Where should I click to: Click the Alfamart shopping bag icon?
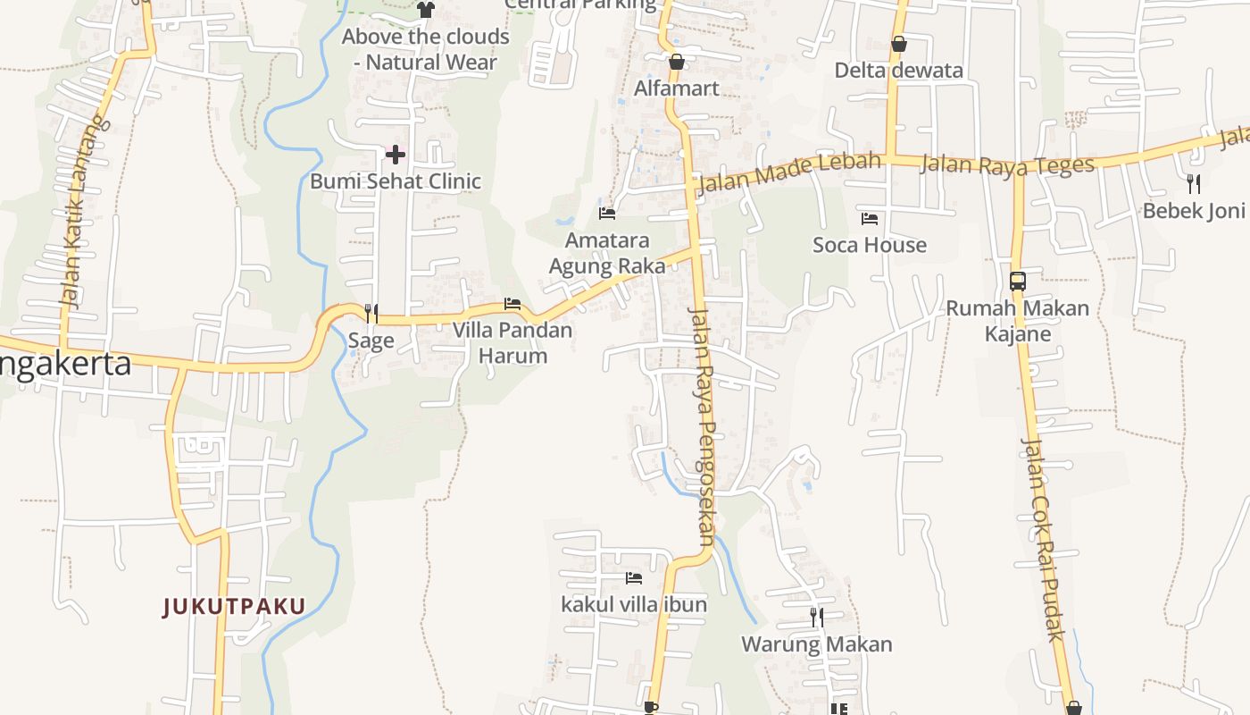tap(676, 62)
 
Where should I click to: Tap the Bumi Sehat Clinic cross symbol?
tap(395, 155)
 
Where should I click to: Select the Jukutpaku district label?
tap(234, 607)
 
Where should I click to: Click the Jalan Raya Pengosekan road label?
tap(703, 425)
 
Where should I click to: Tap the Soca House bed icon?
tap(870, 218)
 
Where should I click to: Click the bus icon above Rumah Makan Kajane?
tap(1017, 282)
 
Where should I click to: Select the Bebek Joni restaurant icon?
tap(1193, 184)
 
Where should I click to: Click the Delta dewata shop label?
tap(898, 71)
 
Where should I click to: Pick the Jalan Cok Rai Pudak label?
tap(1043, 540)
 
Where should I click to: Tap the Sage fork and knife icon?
tap(371, 313)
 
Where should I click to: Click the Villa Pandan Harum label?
tap(512, 342)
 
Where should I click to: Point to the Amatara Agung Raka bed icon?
tap(607, 214)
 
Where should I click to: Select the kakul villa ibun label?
tap(634, 604)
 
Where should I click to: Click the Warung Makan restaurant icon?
tap(816, 617)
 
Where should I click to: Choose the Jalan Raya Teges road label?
tap(1006, 165)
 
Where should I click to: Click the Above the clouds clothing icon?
tap(426, 10)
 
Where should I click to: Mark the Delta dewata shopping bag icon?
tap(898, 44)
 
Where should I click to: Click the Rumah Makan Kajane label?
tap(1017, 321)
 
